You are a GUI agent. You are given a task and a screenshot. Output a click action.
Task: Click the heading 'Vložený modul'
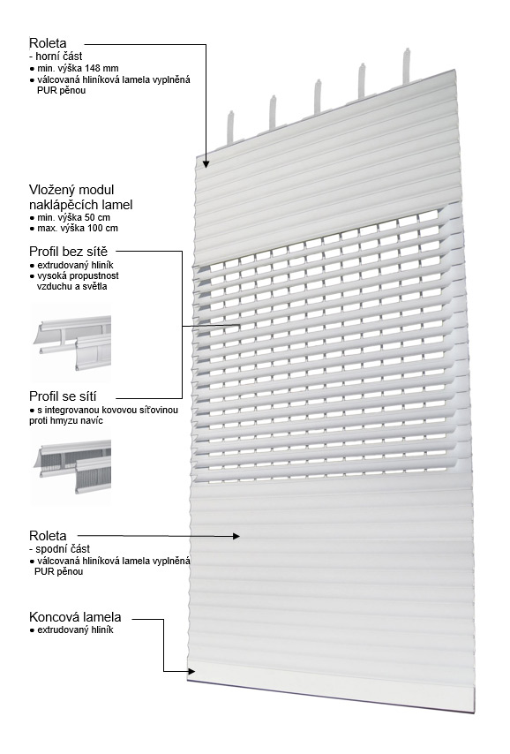point(71,190)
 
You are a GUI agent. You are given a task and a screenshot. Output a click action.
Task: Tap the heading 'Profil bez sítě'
point(68,251)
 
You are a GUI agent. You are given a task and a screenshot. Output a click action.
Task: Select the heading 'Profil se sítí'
point(63,396)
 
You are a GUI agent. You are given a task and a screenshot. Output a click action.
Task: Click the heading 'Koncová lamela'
point(75,617)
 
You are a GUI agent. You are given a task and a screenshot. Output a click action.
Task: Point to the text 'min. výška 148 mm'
point(78,68)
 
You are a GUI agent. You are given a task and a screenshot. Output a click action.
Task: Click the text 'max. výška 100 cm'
point(78,228)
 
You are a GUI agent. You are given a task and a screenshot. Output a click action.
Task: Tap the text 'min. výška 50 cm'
point(73,217)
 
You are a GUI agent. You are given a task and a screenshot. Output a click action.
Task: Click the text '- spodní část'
point(60,549)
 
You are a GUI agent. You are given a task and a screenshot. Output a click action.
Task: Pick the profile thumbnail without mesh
point(71,343)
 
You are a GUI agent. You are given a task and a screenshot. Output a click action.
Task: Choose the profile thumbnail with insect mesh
point(71,468)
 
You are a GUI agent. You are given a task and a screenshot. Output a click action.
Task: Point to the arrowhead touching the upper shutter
point(206,163)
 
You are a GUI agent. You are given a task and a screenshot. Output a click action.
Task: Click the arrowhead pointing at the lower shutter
point(236,536)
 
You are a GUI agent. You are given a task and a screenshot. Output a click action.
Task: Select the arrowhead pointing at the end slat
point(191,671)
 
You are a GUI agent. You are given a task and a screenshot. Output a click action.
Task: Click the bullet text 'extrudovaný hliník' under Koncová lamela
point(76,630)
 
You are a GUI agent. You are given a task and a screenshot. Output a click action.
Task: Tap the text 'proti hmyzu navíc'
point(66,421)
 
